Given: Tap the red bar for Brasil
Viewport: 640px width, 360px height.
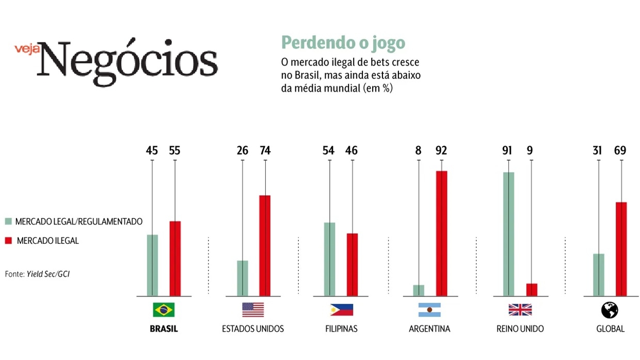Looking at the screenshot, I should [x=175, y=259].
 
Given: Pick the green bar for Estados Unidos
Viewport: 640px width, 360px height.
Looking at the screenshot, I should [x=242, y=278].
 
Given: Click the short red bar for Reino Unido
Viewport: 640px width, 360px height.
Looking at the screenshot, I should [x=531, y=290].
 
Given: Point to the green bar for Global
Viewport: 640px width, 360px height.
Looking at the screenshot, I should [x=598, y=275].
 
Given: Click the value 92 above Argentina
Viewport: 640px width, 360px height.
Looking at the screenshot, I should [x=441, y=151].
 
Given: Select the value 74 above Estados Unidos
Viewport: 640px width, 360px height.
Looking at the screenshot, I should [x=265, y=151].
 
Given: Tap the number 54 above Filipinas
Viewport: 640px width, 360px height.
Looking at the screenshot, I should [x=329, y=151].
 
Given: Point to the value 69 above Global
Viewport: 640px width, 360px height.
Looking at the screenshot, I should [x=621, y=151].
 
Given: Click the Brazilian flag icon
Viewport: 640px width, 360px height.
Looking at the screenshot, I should [x=164, y=309].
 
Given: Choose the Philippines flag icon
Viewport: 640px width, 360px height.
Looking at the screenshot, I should [x=342, y=309].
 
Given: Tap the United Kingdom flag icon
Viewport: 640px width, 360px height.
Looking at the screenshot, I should [x=520, y=309].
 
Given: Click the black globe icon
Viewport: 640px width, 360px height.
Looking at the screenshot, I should [x=610, y=310].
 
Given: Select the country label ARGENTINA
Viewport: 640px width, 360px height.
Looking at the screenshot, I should [x=429, y=329].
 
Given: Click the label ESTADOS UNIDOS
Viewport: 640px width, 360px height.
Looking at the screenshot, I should [x=253, y=329].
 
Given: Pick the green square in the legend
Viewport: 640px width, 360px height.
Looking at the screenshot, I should [x=8, y=222].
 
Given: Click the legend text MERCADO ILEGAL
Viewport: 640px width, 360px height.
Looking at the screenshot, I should [x=47, y=241].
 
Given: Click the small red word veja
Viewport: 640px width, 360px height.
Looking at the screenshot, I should [x=27, y=49].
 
